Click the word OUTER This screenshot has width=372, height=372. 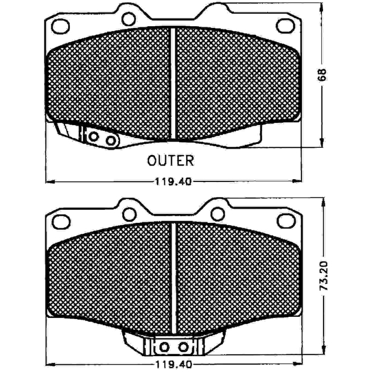click(171, 160)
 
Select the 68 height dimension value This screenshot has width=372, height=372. click(322, 75)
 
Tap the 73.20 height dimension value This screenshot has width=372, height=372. click(323, 276)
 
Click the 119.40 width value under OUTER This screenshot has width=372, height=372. click(173, 182)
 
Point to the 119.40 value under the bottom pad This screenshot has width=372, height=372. click(173, 363)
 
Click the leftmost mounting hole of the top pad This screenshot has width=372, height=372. click(60, 26)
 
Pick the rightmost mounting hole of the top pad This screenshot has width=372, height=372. click(285, 26)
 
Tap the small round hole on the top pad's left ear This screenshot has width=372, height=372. click(129, 19)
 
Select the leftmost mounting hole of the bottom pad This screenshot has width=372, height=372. click(61, 222)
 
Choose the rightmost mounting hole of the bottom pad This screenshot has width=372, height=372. click(286, 221)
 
